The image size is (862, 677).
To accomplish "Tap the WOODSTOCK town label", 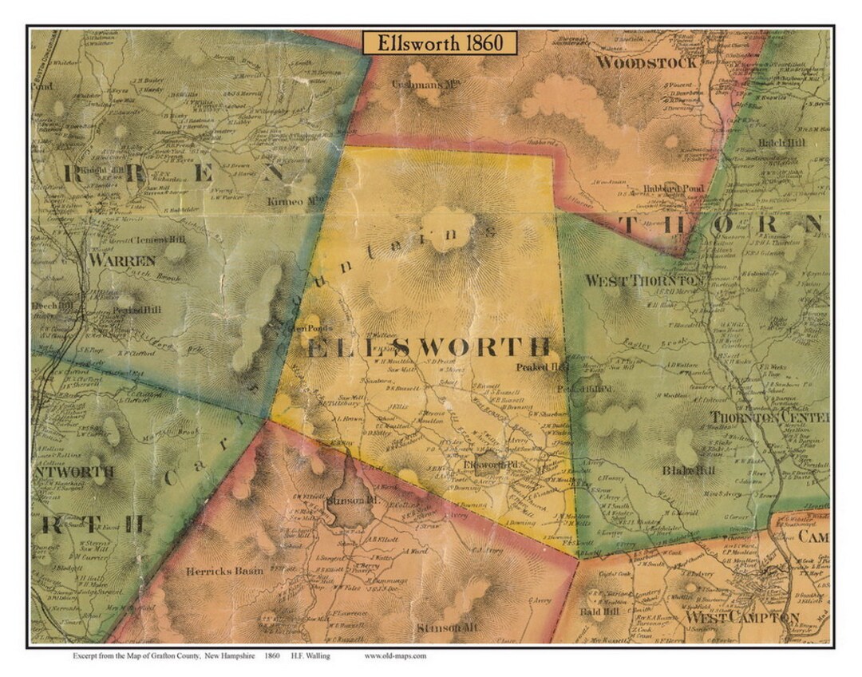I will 646,62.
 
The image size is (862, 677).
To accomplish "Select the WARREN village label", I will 122,260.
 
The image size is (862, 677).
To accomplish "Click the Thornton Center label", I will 769,418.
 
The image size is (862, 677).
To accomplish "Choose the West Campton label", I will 730,618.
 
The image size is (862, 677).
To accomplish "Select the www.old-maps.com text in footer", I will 395,656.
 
